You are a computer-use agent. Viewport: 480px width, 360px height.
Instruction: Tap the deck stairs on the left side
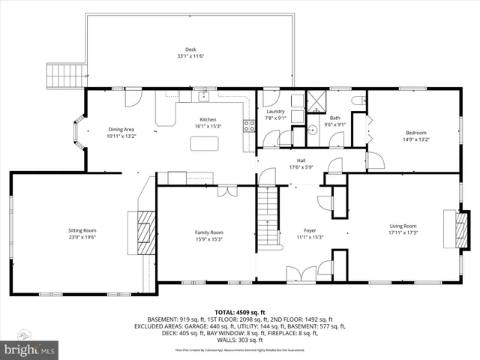pyautogui.click(x=58, y=75)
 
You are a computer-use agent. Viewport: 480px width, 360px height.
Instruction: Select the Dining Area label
pyautogui.click(x=121, y=130)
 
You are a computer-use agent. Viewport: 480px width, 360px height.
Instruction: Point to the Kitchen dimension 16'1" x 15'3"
pyautogui.click(x=208, y=127)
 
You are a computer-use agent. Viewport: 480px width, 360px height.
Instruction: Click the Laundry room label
pyautogui.click(x=275, y=110)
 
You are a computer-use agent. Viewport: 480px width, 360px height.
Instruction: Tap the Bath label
pyautogui.click(x=334, y=117)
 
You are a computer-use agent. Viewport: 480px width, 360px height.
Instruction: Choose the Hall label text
pyautogui.click(x=301, y=160)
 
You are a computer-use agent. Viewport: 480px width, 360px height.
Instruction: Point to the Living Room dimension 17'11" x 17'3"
pyautogui.click(x=403, y=232)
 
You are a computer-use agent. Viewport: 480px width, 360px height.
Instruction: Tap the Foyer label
pyautogui.click(x=310, y=230)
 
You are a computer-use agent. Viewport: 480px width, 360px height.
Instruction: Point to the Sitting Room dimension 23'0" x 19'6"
pyautogui.click(x=83, y=238)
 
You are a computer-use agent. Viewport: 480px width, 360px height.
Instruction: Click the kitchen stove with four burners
pyautogui.click(x=248, y=126)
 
